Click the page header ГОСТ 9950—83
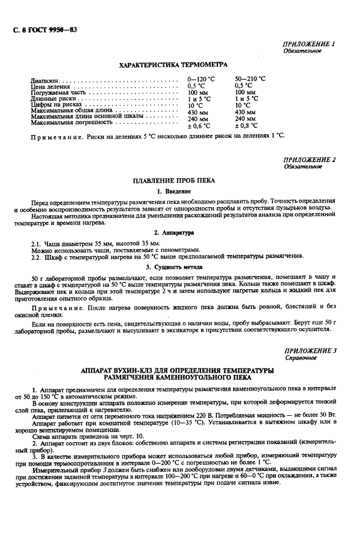46,29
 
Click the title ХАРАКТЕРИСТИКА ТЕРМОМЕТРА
173,65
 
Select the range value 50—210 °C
250,79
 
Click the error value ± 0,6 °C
200,126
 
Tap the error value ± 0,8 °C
247,126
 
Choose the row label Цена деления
50,86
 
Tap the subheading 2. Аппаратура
173,232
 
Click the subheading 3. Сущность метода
173,266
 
